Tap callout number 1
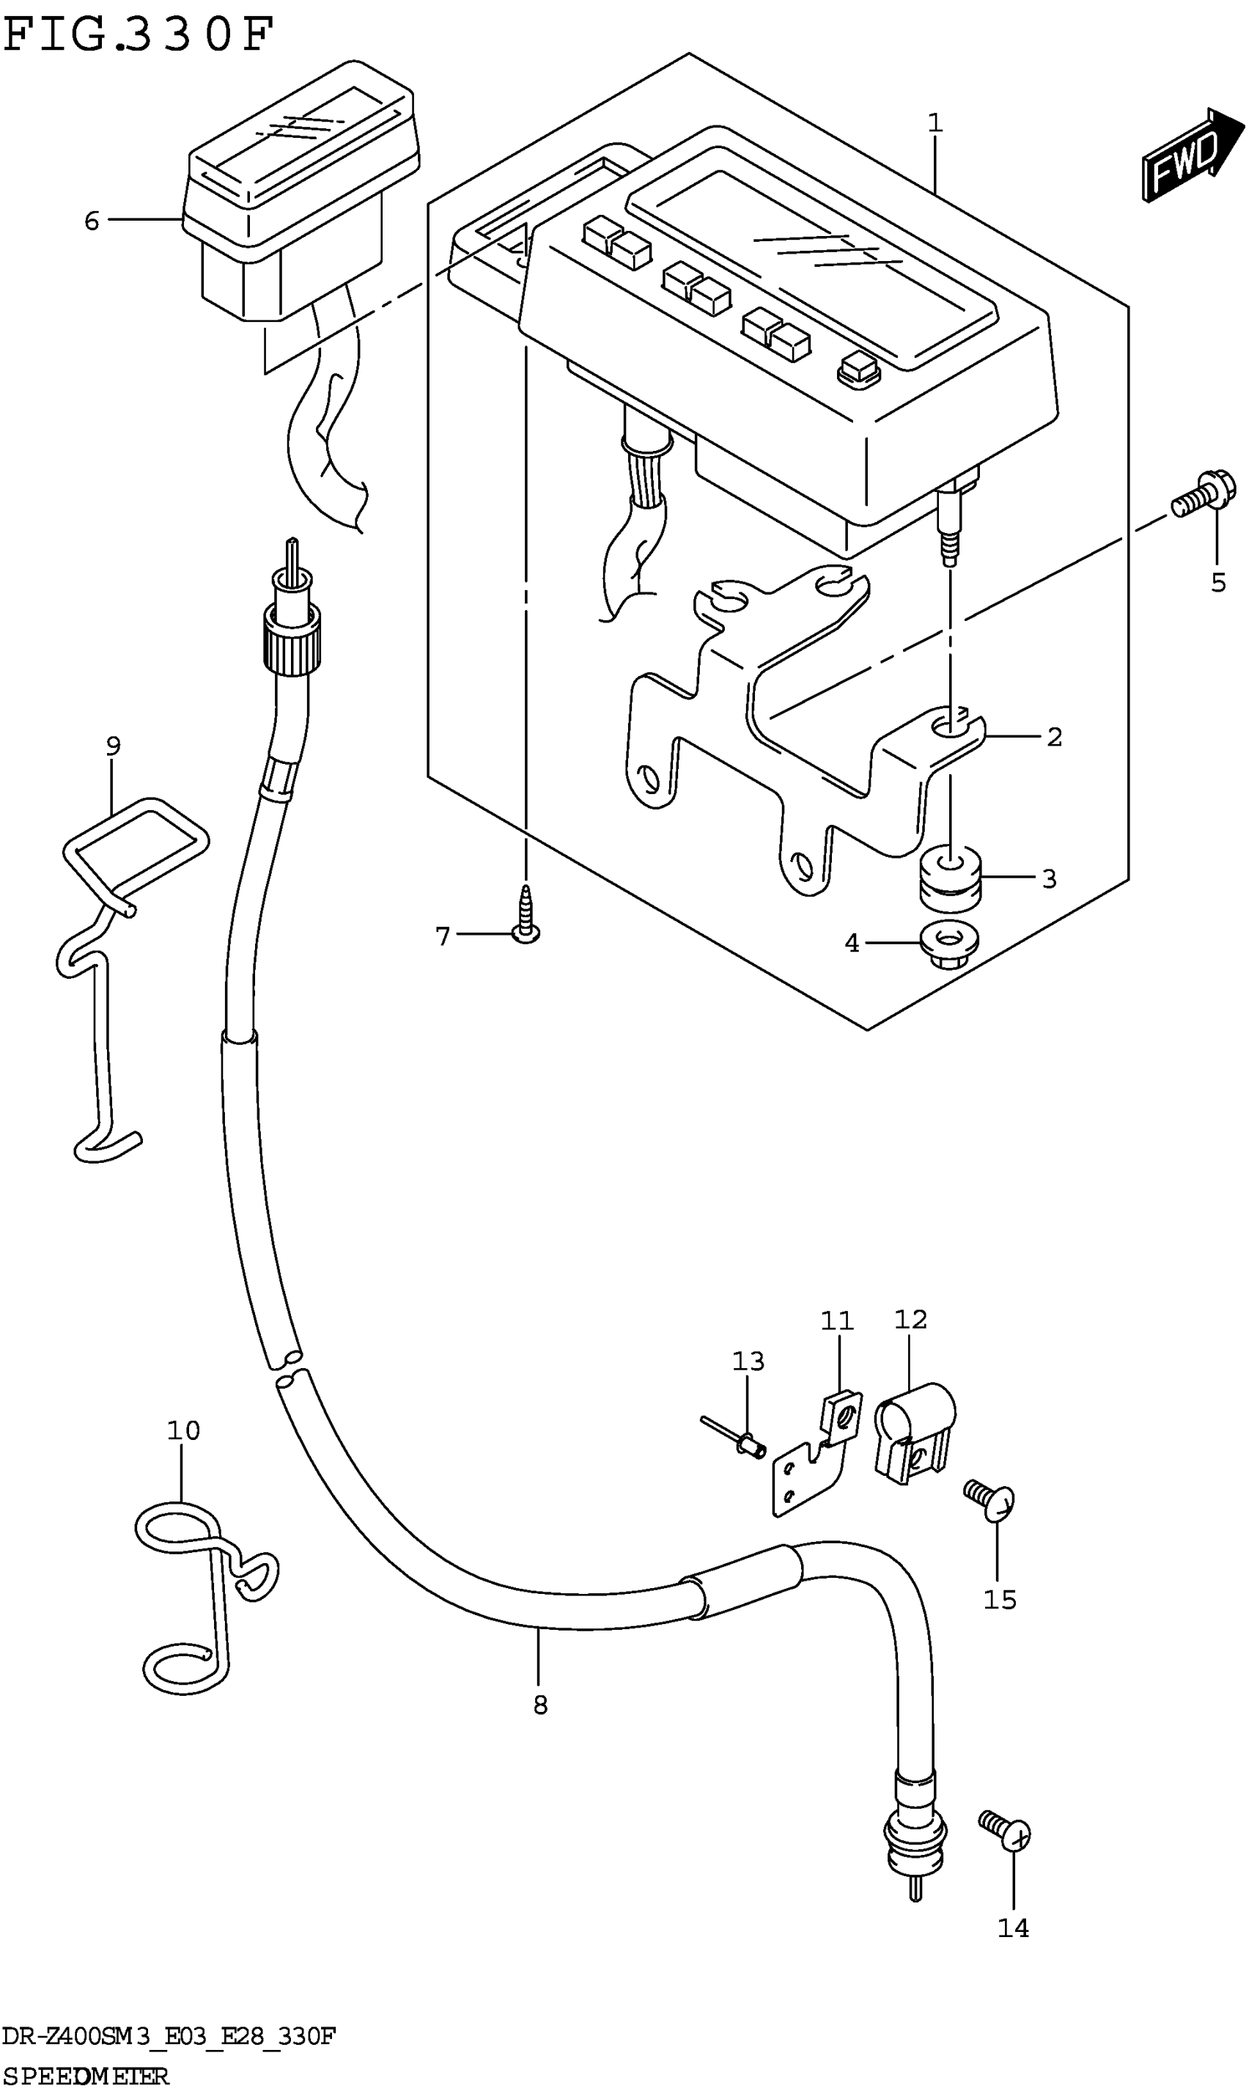935,123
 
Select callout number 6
92,221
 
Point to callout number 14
1013,1928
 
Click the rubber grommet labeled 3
950,879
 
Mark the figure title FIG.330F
139,35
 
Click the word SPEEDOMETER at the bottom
85,2076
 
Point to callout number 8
540,1704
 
